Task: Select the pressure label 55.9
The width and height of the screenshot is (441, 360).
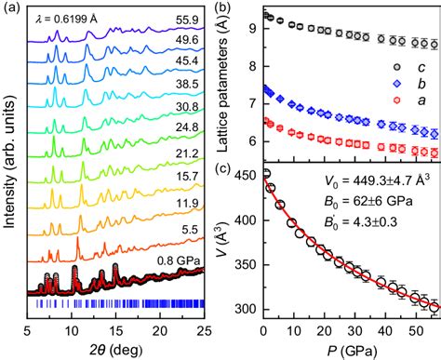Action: tap(188, 17)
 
